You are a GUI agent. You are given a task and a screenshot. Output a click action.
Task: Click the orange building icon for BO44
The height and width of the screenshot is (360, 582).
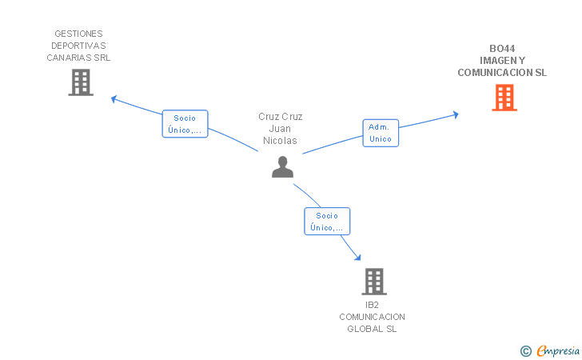pos(504,98)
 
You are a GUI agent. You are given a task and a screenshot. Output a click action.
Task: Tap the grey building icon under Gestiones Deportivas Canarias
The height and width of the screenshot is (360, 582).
pos(81,82)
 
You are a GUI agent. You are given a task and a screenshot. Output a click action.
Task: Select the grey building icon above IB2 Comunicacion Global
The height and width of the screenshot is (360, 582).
pos(374,282)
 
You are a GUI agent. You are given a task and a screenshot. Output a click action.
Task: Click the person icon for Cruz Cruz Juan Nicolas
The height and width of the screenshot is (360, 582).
pos(282,167)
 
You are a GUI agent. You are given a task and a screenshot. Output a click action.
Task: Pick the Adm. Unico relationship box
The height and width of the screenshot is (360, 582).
pos(381,133)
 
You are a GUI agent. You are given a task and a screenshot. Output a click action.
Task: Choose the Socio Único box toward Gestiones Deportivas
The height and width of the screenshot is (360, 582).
pos(185,124)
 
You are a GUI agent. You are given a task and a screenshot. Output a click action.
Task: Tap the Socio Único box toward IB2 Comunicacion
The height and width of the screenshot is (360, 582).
pos(327,222)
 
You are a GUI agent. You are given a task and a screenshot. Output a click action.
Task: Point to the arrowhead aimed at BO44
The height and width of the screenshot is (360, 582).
pos(456,114)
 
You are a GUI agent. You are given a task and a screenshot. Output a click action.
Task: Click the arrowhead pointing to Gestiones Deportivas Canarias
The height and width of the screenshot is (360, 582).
pos(114,99)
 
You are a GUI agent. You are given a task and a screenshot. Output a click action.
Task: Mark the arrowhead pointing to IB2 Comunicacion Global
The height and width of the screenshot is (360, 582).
pos(358,257)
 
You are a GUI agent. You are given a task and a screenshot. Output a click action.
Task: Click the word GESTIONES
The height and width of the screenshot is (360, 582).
pos(78,34)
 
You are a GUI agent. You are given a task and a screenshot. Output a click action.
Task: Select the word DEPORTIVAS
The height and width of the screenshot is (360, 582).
pos(78,46)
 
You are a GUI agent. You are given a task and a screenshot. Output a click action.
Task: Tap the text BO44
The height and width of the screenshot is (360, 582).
pos(502,49)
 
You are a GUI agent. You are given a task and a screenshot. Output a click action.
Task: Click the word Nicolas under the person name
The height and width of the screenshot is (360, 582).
pos(280,141)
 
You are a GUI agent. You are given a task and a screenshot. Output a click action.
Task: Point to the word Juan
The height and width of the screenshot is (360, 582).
pos(280,129)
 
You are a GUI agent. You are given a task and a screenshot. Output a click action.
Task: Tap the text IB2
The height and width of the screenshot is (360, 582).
pos(372,305)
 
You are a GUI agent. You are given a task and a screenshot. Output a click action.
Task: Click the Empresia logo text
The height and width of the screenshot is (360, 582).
pos(558,351)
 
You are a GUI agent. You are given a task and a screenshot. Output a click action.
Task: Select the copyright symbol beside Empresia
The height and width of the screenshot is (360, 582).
pos(526,351)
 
